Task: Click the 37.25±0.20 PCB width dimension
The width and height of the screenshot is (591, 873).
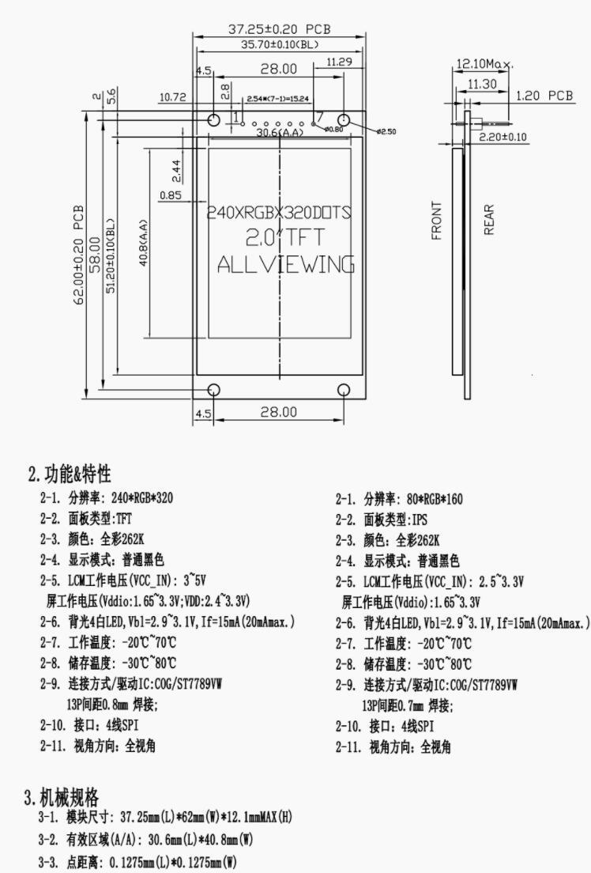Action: [x=280, y=28]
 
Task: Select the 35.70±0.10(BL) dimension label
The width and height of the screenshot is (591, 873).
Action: [x=280, y=45]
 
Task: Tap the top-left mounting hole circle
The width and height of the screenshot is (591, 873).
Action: [x=214, y=120]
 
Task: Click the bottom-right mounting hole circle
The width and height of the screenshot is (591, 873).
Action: [x=344, y=390]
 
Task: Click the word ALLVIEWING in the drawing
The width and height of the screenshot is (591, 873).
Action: [x=285, y=264]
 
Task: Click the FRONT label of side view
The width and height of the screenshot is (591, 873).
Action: [x=437, y=220]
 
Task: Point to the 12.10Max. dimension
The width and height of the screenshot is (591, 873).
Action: [x=484, y=63]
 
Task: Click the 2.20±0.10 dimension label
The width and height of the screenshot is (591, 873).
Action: [x=503, y=137]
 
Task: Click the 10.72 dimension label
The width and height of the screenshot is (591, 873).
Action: [x=172, y=97]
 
